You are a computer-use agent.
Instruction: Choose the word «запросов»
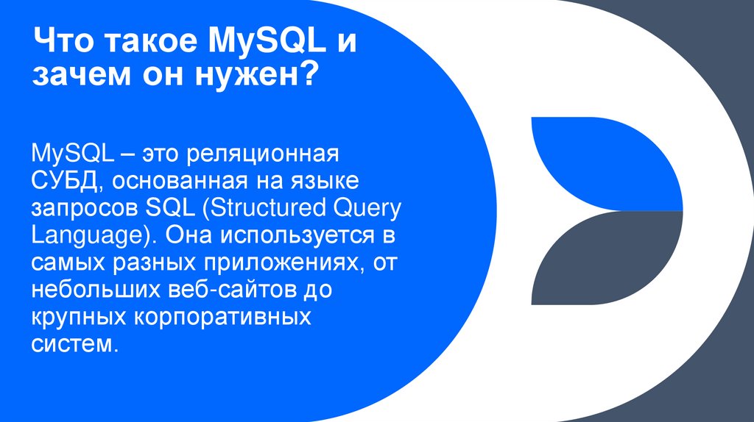click(82, 208)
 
